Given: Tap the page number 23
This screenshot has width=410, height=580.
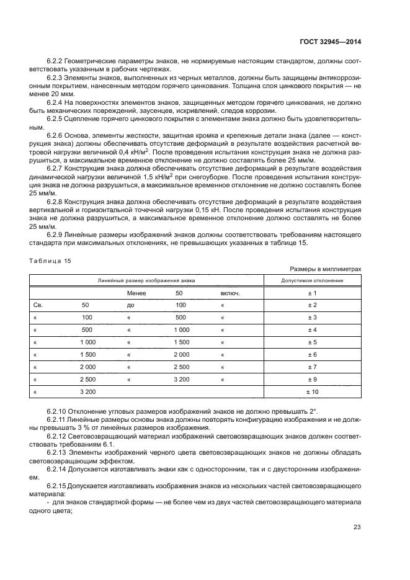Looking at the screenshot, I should pos(357,527).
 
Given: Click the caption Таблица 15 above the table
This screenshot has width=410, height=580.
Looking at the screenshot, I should pos(51,261).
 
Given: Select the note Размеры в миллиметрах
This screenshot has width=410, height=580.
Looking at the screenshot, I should pos(325,269).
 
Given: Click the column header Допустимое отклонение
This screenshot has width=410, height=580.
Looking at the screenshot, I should pos(313,280).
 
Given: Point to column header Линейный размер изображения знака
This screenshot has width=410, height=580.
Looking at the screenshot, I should pos(146,280).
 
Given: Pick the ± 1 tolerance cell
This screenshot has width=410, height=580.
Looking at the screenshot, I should pos(313,293).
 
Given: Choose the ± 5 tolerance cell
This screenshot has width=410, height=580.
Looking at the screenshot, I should pos(313,342).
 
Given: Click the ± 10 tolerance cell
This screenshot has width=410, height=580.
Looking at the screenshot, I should pos(313,392).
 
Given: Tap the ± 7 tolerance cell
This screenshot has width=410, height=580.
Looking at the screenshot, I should pos(313,367).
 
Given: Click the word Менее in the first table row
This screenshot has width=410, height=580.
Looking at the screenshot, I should pos(136,293).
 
